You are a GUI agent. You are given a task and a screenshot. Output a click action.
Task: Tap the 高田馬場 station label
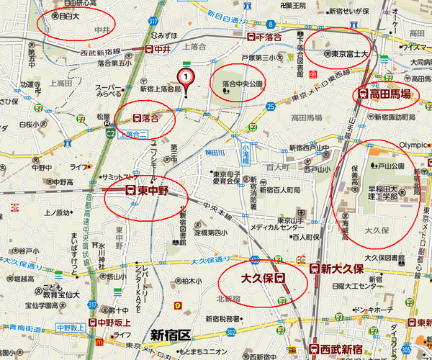pyautogui.click(x=384, y=93)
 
